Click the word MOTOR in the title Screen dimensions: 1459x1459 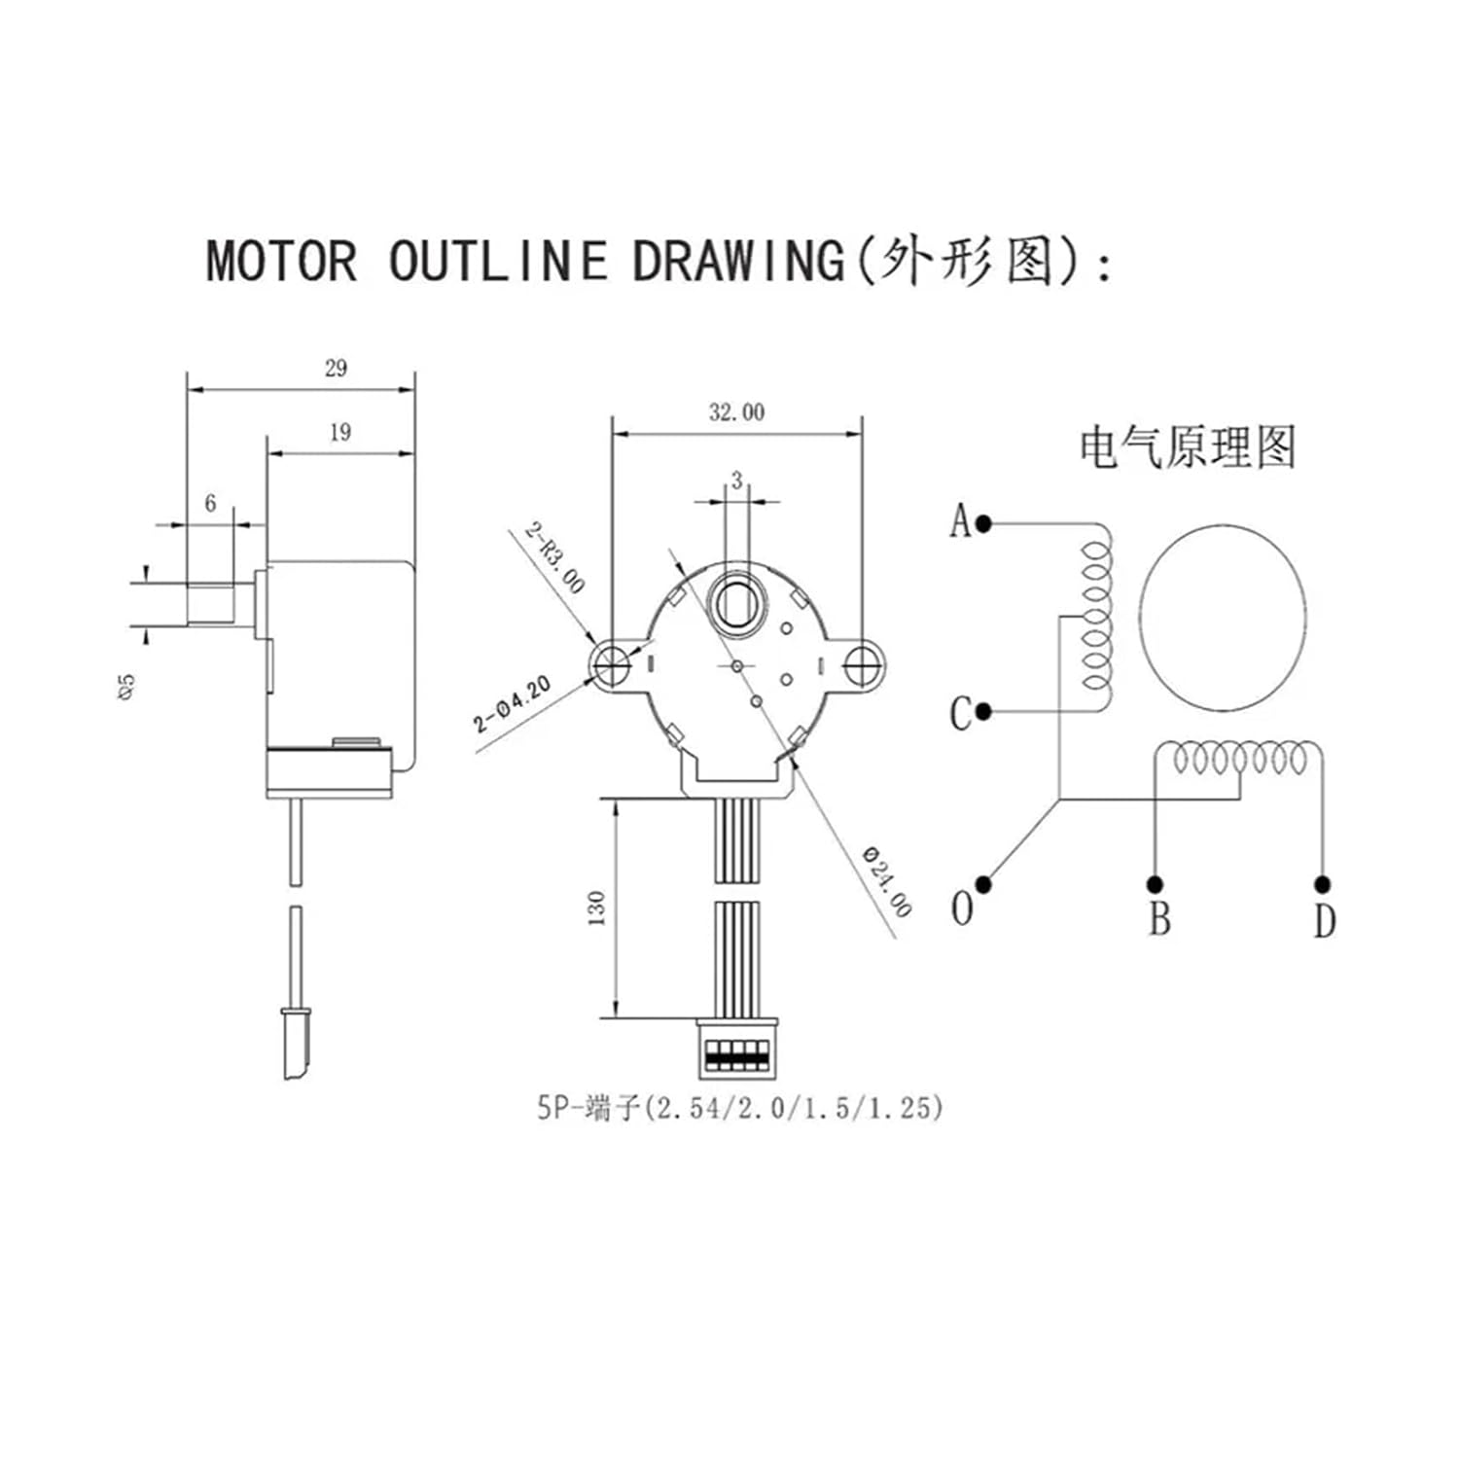click(281, 261)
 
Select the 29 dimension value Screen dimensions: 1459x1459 click(336, 368)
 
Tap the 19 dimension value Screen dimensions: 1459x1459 click(339, 432)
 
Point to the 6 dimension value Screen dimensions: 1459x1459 click(210, 503)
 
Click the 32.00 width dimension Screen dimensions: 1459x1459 click(736, 412)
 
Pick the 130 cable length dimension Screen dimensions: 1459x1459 click(597, 907)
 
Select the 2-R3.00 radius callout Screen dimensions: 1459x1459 click(555, 557)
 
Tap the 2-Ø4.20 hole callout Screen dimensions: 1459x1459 click(513, 705)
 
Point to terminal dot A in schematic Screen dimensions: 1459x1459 click(983, 523)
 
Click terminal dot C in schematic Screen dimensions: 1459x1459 click(983, 712)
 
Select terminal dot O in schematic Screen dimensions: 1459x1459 click(983, 884)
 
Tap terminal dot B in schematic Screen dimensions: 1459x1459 click(1155, 884)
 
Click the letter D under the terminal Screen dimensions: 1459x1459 click(1325, 920)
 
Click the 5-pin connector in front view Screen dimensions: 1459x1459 click(737, 1048)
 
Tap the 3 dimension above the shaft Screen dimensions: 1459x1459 click(737, 480)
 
